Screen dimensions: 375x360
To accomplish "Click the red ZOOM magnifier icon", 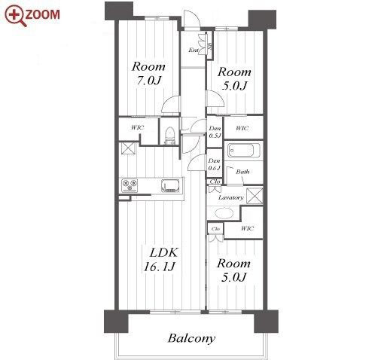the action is (15, 16).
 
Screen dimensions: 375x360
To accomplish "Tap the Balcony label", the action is (191, 338).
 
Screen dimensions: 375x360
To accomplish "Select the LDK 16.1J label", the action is (160, 259).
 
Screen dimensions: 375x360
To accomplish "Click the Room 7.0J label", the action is (148, 73).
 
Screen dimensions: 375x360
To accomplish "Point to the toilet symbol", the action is (169, 136).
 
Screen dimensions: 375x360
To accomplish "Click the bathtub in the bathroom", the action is (243, 150).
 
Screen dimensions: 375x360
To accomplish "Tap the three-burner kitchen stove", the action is (130, 185).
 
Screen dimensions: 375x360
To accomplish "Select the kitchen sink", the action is (170, 186).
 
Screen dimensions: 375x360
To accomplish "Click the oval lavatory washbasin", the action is (224, 213).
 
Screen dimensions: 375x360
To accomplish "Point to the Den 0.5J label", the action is (215, 132).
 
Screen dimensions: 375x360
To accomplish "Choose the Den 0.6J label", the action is (214, 164).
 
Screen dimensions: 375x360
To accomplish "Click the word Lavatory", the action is (231, 197).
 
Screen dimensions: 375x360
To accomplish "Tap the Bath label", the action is (242, 172).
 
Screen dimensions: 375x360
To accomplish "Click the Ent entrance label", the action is (194, 50).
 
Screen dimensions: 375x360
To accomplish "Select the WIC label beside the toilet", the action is (138, 127).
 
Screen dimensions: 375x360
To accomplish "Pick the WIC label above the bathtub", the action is (242, 128).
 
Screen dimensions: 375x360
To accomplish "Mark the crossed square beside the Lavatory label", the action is (255, 196).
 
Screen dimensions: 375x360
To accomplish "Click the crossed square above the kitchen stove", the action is (128, 148).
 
